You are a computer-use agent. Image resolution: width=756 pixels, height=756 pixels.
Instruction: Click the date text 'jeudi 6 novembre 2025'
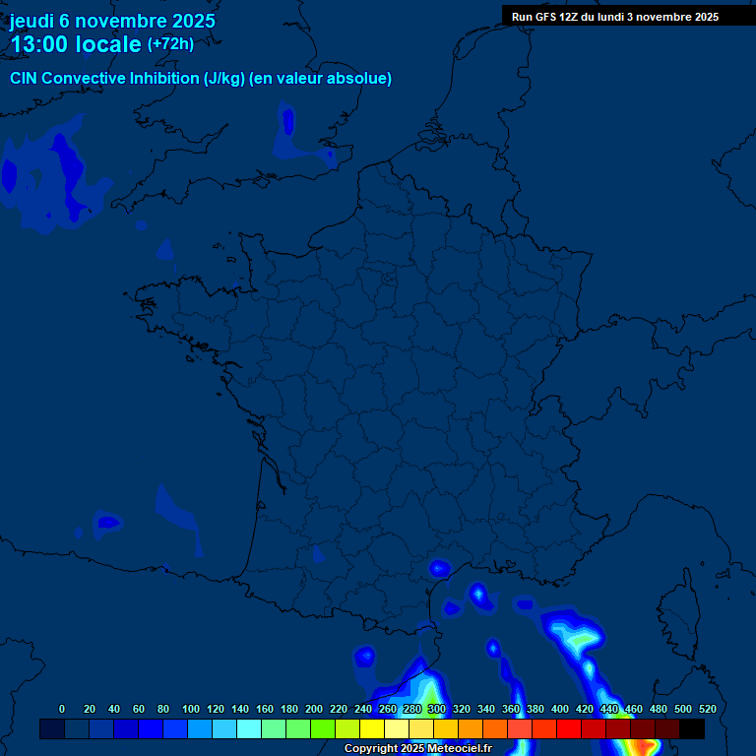(x=112, y=21)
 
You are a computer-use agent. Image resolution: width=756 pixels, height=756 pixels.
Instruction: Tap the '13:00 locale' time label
(x=76, y=44)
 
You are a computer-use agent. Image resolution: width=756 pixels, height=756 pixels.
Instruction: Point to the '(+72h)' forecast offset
(x=170, y=44)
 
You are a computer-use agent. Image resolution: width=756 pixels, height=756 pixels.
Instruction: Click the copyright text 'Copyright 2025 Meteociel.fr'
(x=417, y=749)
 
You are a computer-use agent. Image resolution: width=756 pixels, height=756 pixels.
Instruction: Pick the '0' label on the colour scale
(x=62, y=709)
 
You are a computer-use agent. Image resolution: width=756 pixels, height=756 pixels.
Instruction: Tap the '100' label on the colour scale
(x=191, y=709)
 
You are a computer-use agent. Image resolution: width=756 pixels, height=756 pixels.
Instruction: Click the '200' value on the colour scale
(x=314, y=709)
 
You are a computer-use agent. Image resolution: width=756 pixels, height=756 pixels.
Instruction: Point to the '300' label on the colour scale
(x=437, y=709)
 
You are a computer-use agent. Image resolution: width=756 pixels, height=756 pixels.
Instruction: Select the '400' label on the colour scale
(x=560, y=709)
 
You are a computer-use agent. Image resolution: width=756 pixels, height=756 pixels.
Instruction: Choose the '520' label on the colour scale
(x=707, y=709)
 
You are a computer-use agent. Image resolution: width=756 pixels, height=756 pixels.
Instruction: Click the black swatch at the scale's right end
(x=692, y=729)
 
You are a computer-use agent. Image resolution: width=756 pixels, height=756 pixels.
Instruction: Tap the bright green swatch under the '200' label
(x=322, y=729)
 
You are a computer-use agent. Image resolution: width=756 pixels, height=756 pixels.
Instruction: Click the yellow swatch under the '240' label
(x=371, y=729)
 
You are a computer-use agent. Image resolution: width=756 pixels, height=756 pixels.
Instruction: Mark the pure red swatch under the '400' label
(x=568, y=729)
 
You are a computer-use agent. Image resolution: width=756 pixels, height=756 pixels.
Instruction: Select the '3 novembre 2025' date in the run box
(x=672, y=17)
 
